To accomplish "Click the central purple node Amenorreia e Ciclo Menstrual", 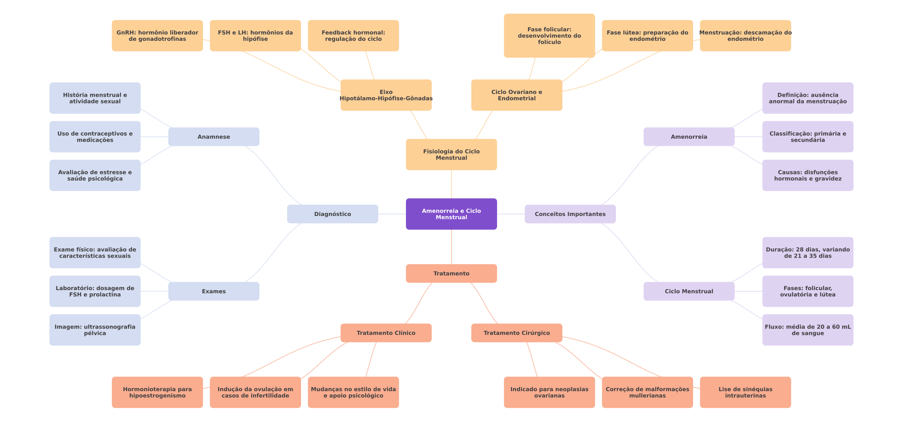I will [451, 214].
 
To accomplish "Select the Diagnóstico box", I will [332, 214].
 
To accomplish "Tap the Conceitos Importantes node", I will [570, 214].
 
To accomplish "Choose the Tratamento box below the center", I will [451, 273].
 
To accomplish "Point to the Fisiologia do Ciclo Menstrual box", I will [451, 155].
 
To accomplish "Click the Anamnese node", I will [213, 137].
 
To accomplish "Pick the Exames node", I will [213, 291].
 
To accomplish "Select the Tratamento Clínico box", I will [386, 333].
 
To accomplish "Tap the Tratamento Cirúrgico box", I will [516, 333].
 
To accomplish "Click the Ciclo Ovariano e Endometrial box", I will [516, 95].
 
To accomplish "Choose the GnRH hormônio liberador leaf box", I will [157, 36].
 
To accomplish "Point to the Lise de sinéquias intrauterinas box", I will [745, 392].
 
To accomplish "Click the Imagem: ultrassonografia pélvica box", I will [95, 330].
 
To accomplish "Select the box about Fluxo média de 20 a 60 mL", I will [808, 330].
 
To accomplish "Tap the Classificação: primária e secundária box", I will [808, 137].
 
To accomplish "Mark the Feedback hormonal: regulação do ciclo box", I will [353, 36].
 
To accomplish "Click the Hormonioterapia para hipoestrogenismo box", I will [157, 392].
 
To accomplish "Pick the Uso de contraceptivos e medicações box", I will [95, 137].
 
